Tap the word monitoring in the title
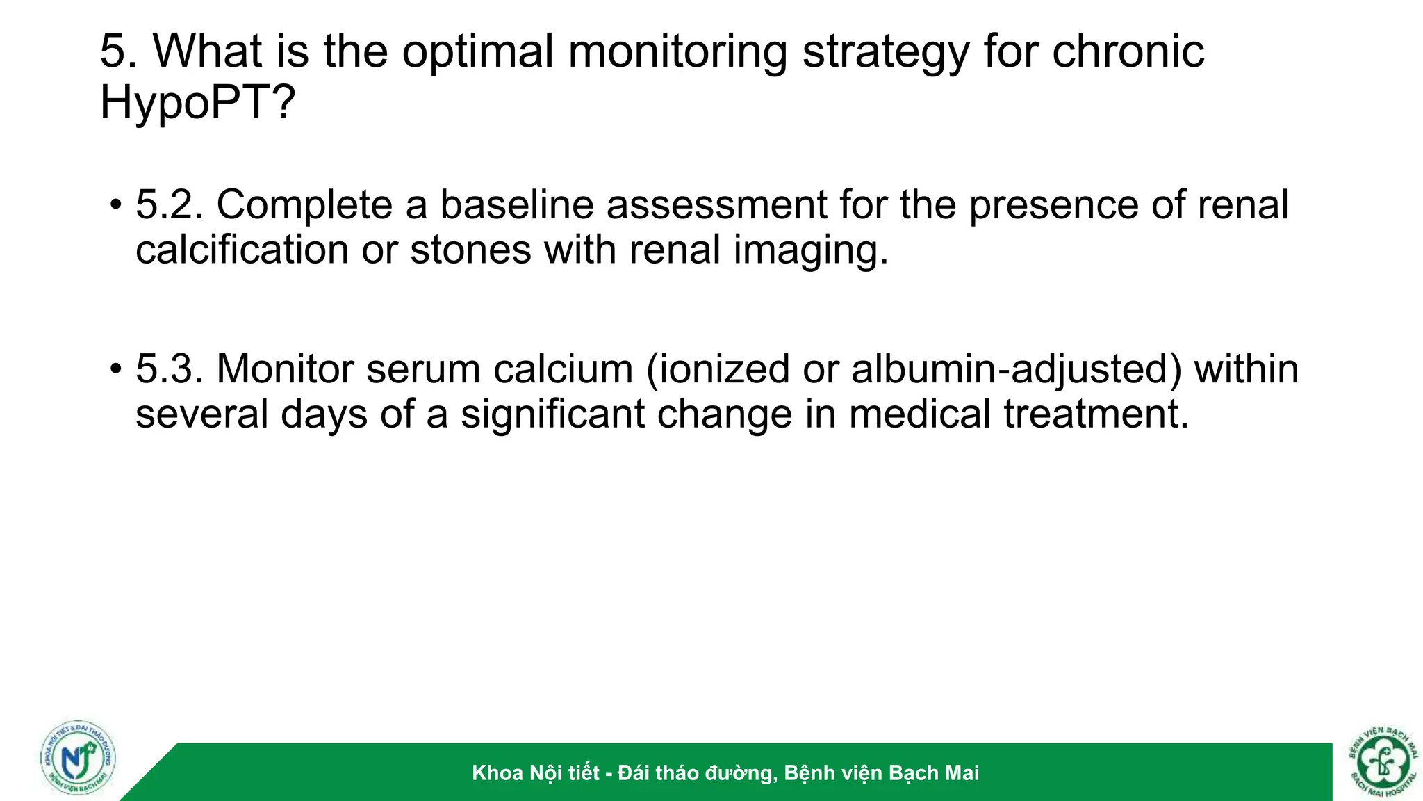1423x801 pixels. tap(677, 52)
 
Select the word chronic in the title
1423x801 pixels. tap(1128, 52)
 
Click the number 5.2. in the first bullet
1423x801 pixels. tap(170, 205)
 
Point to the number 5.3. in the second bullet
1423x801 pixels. tap(170, 369)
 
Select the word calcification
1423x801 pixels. tap(242, 250)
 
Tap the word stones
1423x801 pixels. tap(470, 250)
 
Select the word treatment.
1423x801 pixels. tap(1096, 414)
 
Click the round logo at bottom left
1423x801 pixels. tap(78, 758)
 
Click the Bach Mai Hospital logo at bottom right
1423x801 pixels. tap(1383, 761)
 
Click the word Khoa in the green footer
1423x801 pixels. tap(497, 773)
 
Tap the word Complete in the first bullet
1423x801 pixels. tap(305, 205)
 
